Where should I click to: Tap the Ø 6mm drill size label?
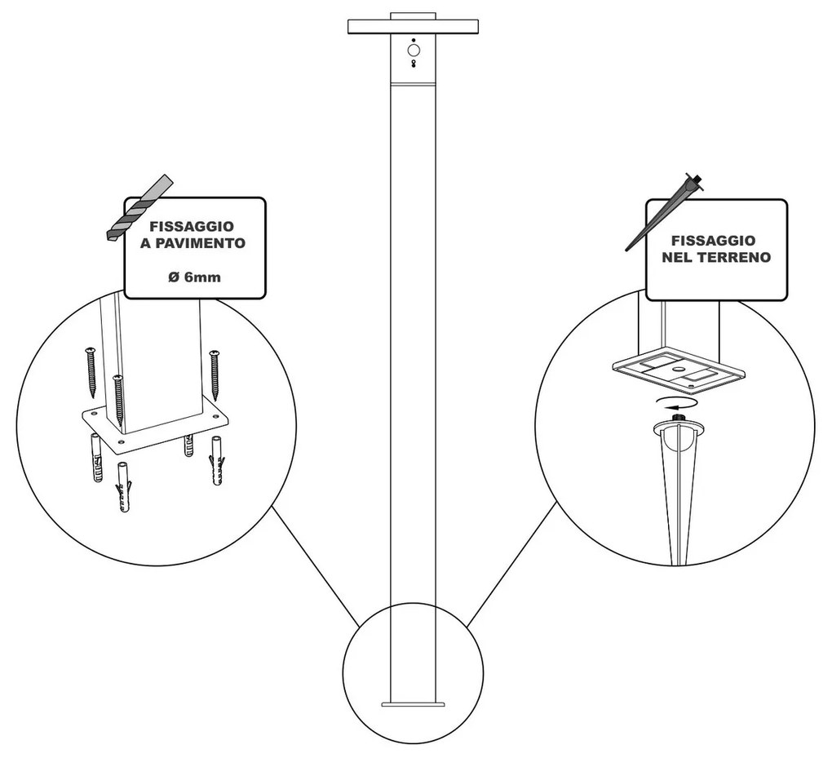tap(194, 277)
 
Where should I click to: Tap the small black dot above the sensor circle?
tap(414, 40)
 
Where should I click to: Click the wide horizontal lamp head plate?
tap(413, 27)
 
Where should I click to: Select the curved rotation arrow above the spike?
tap(674, 401)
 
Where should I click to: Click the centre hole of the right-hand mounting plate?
tap(677, 369)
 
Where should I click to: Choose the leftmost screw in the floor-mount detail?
tap(90, 371)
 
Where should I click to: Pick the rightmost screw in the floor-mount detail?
tap(215, 375)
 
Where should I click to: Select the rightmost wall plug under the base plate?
tap(218, 461)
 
